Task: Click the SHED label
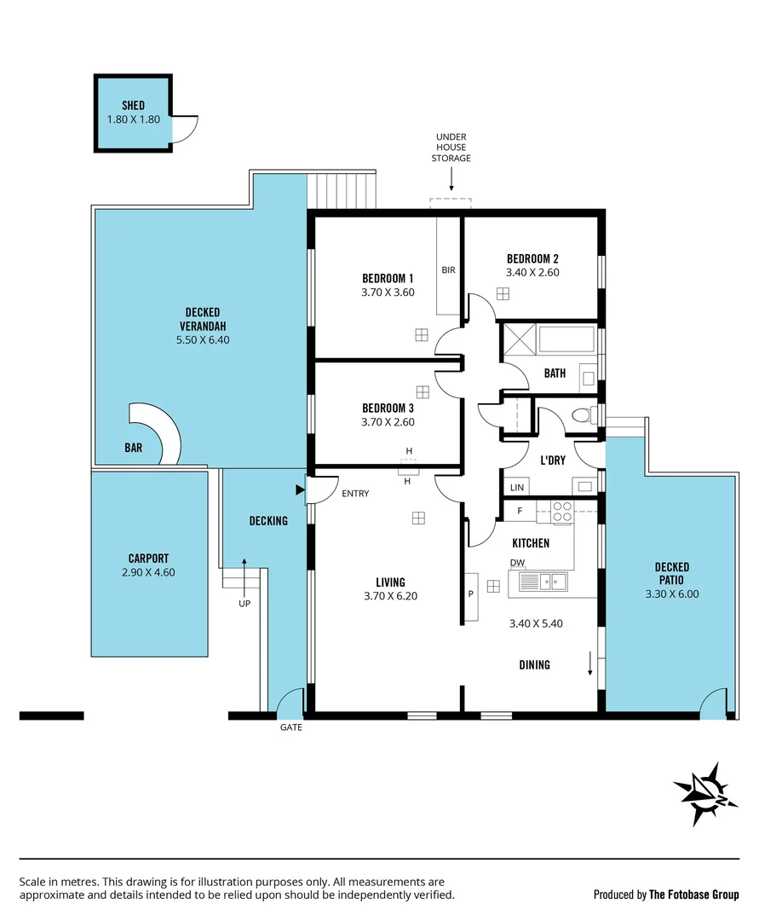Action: [x=133, y=106]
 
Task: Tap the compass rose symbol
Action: [x=705, y=794]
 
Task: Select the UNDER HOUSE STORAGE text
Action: [x=451, y=148]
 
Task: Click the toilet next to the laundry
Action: [x=584, y=416]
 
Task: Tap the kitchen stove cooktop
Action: [x=562, y=512]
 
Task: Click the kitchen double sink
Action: [x=545, y=582]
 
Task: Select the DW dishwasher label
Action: [x=517, y=563]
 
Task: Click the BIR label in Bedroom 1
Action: [x=448, y=270]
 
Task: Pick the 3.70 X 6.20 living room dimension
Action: [x=390, y=597]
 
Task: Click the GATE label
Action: [x=291, y=727]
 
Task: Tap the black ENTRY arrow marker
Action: [x=299, y=489]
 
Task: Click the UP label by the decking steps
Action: [x=244, y=603]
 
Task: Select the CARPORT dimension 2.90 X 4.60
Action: [x=148, y=573]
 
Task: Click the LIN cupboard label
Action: [x=516, y=488]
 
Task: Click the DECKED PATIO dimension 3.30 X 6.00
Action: [x=671, y=594]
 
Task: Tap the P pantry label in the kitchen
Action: [x=470, y=593]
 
